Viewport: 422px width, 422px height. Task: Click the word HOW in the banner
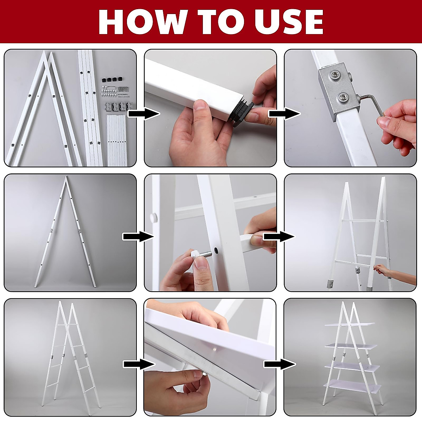click(x=143, y=22)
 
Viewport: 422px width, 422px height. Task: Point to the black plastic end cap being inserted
click(x=242, y=112)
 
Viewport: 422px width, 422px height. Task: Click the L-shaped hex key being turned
click(x=372, y=103)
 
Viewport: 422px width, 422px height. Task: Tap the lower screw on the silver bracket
click(x=344, y=98)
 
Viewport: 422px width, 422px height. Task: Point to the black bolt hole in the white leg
click(x=216, y=250)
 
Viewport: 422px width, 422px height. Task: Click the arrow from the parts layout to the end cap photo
click(x=144, y=114)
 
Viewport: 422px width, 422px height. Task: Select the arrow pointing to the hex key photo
click(x=285, y=114)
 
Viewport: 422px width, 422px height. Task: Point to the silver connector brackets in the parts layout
click(x=119, y=106)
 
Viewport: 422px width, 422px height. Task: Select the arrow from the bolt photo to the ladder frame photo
click(x=279, y=237)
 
